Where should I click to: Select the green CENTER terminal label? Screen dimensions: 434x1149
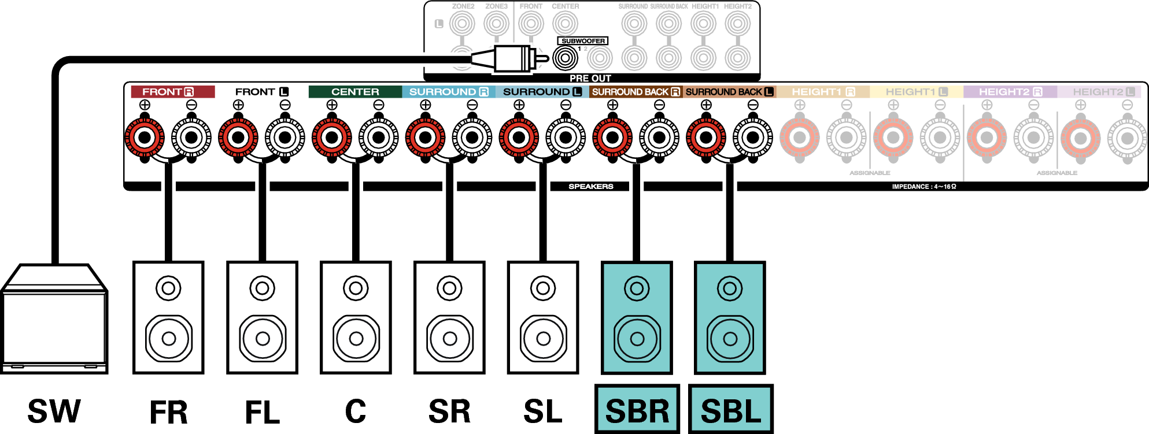pyautogui.click(x=355, y=92)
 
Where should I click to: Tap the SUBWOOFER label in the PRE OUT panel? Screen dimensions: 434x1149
pyautogui.click(x=583, y=41)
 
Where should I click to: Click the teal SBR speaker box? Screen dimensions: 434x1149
pyautogui.click(x=637, y=318)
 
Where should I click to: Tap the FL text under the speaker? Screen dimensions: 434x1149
pyautogui.click(x=263, y=412)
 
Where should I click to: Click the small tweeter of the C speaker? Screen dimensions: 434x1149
pyautogui.click(x=356, y=288)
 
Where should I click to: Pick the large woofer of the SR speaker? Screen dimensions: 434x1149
pyautogui.click(x=449, y=338)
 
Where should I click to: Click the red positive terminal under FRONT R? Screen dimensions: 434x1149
pyautogui.click(x=145, y=138)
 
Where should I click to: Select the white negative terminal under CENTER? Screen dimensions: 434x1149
pyautogui.click(x=379, y=138)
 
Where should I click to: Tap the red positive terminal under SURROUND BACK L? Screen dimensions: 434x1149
pyautogui.click(x=706, y=138)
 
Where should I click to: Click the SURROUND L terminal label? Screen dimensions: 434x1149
pyautogui.click(x=542, y=92)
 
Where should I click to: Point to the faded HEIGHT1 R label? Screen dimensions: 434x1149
pyautogui.click(x=823, y=92)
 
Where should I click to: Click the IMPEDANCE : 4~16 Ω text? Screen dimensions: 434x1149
pyautogui.click(x=923, y=187)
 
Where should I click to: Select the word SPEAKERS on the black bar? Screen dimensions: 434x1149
pyautogui.click(x=590, y=187)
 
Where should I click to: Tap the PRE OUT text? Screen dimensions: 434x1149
pyautogui.click(x=590, y=78)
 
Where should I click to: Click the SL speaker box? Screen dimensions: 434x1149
pyautogui.click(x=543, y=318)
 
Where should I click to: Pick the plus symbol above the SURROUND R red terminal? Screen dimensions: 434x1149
pyautogui.click(x=426, y=105)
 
